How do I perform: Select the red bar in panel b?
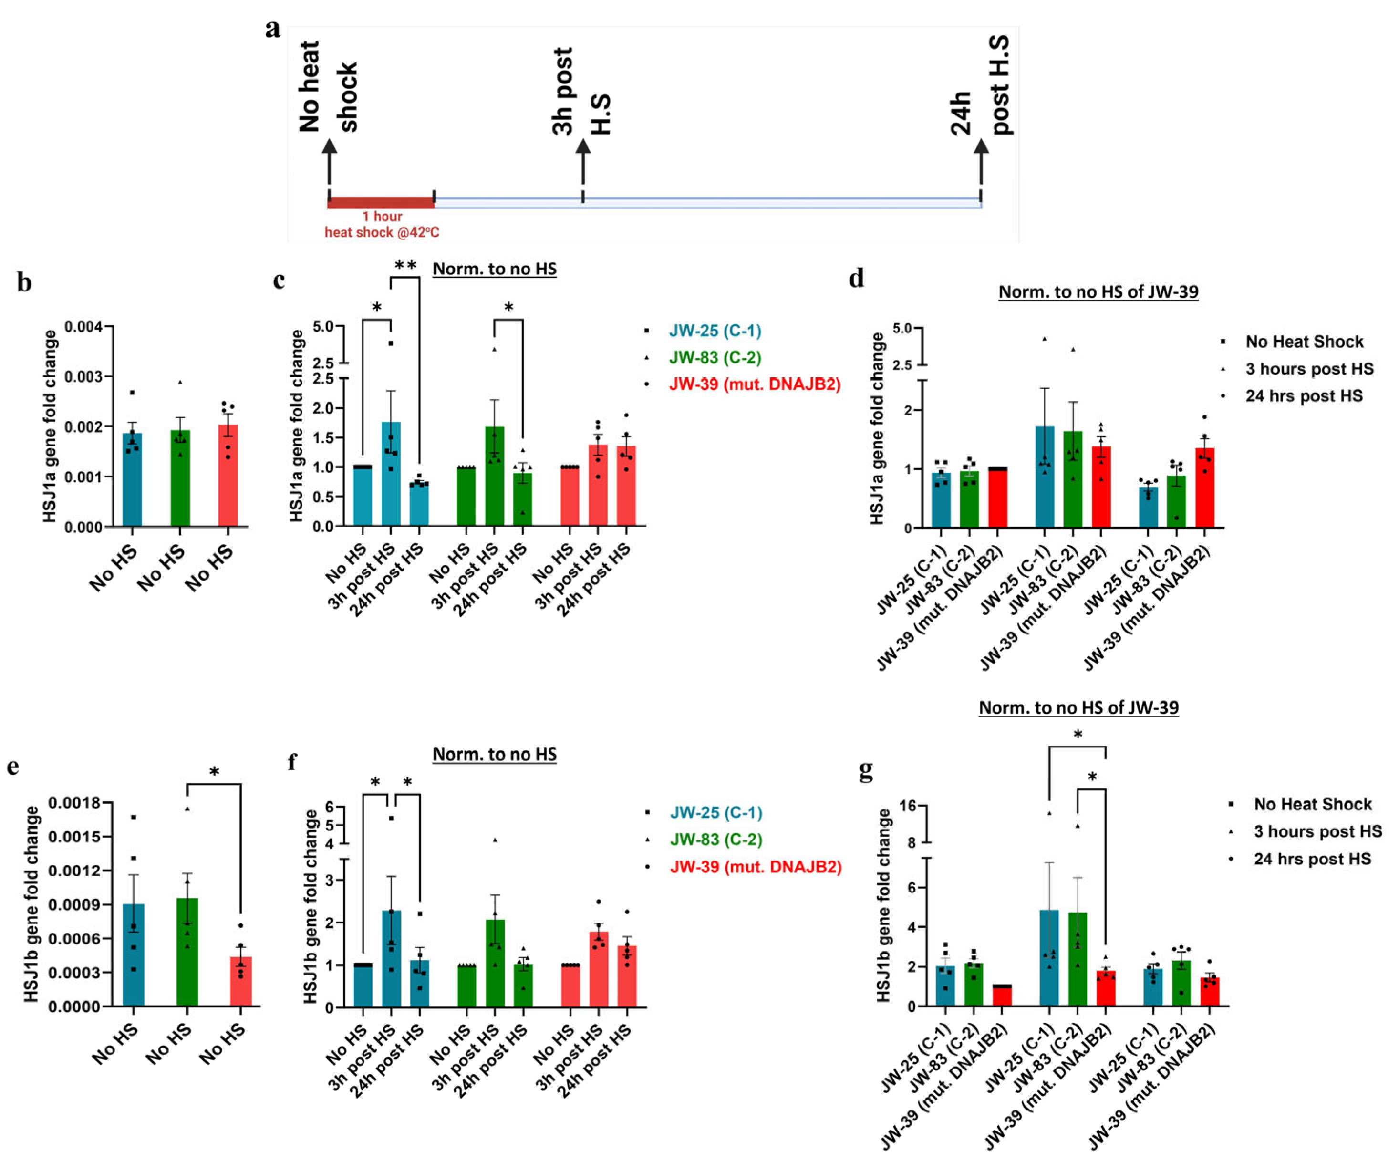(228, 475)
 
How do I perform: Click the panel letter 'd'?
(856, 278)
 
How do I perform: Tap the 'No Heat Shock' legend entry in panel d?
(1305, 342)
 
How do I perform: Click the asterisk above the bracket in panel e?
(214, 771)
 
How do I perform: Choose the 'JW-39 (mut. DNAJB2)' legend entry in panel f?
(756, 867)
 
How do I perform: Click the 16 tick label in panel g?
(907, 806)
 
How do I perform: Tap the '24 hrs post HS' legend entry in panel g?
(1312, 859)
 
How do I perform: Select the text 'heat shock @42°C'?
(382, 232)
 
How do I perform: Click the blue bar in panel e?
(134, 955)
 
